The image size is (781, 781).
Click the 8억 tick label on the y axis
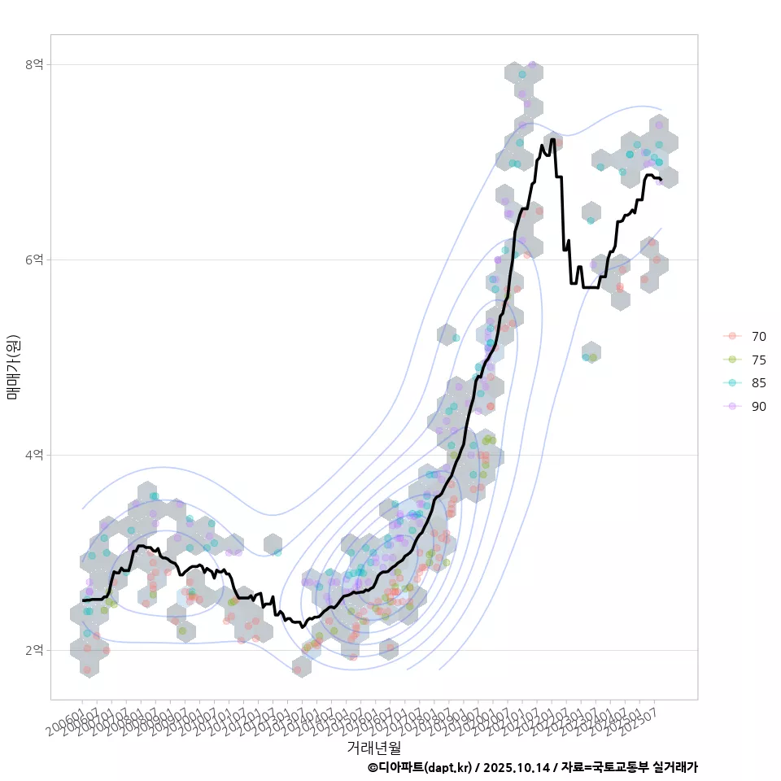pos(35,64)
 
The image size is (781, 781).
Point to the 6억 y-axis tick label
pos(35,260)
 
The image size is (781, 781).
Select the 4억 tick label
pos(35,455)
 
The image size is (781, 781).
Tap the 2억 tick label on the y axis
pos(35,650)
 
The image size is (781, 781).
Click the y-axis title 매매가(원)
pos(13,367)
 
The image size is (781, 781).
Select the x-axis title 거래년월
pos(373,747)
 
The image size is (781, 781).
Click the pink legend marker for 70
pos(733,336)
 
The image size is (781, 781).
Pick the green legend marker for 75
pos(733,360)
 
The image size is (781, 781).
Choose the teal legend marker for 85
pos(733,383)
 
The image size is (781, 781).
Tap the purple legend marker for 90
pos(733,407)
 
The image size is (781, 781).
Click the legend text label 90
pos(759,407)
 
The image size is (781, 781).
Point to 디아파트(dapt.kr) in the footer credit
pos(424,767)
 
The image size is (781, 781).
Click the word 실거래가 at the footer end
pos(676,767)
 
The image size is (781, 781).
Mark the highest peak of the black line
pos(552,139)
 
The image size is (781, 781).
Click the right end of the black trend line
pos(661,180)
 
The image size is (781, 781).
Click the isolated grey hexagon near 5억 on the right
pos(591,351)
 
